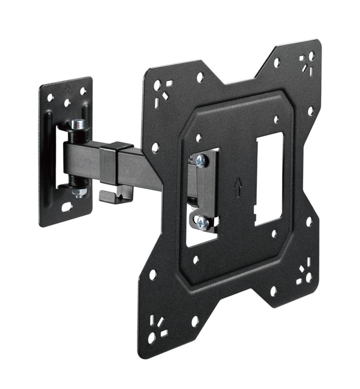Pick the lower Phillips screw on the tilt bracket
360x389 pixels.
tap(202, 222)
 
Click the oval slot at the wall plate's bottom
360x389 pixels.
tap(67, 207)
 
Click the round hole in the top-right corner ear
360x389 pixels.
tap(310, 56)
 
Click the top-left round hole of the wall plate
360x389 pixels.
tap(51, 96)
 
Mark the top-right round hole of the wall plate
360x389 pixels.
tap(83, 91)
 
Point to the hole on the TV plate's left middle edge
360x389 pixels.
tap(155, 147)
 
